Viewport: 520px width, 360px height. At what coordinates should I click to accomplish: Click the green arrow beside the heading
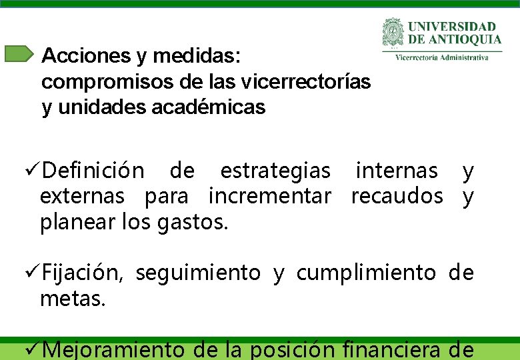[18, 54]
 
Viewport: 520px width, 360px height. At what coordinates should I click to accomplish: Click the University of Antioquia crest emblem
[393, 33]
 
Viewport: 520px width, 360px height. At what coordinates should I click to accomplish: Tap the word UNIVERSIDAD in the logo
[452, 27]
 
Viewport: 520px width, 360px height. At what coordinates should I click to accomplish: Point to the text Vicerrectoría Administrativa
[441, 57]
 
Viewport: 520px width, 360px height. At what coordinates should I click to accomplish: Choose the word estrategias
[275, 171]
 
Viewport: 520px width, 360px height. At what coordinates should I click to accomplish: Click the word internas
[397, 171]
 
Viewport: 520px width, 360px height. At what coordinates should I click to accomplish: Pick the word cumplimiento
[366, 273]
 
